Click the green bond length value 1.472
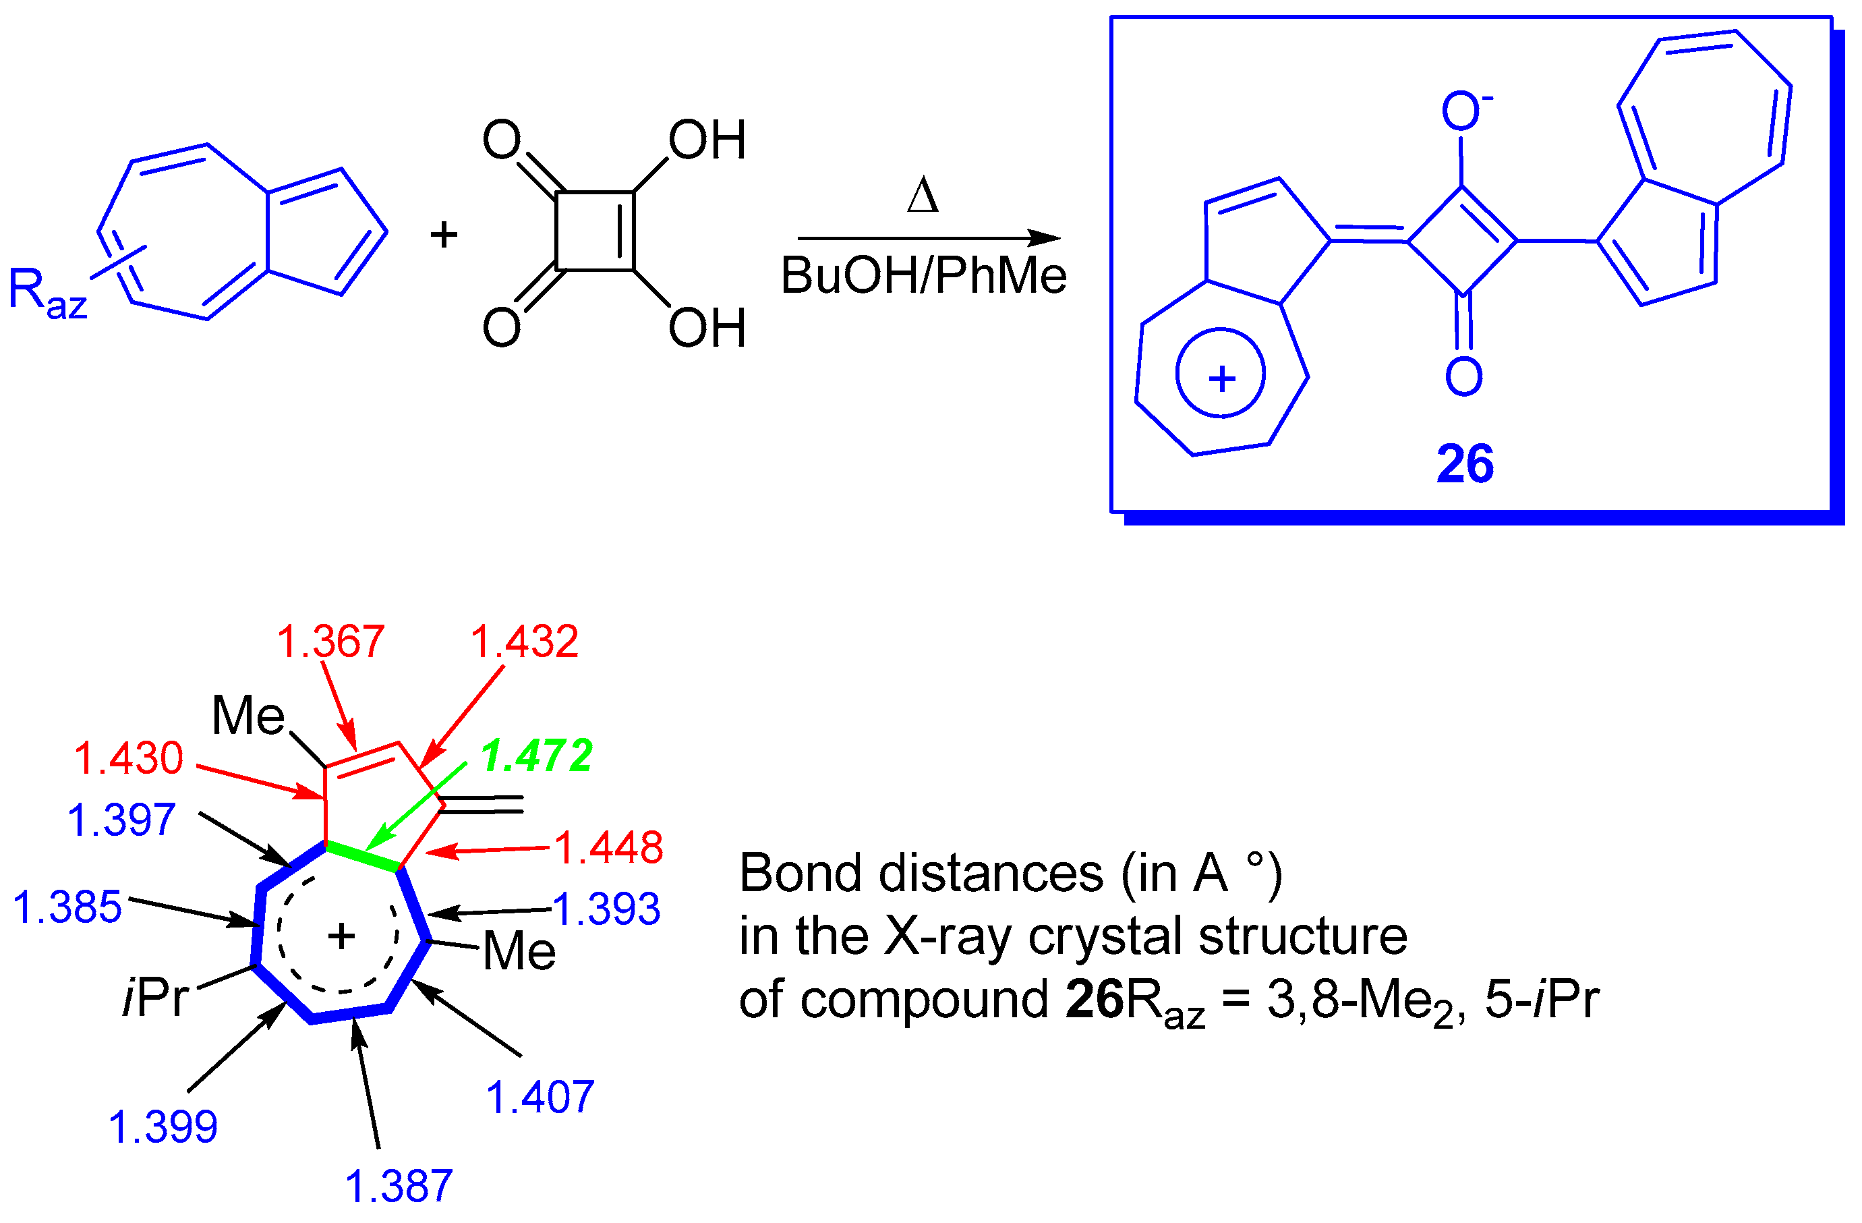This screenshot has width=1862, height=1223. (537, 757)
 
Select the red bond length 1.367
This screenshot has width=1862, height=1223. (331, 642)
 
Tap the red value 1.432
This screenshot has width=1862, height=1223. (524, 642)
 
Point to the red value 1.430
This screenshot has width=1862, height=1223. (129, 759)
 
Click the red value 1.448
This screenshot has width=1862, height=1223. (609, 847)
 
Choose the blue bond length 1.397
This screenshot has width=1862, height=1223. (121, 821)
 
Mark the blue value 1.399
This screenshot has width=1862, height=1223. (163, 1127)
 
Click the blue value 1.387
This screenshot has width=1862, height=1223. (399, 1186)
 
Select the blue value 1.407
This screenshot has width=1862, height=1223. (540, 1097)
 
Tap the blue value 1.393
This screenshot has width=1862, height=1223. (606, 909)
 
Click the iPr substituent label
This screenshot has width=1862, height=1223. (156, 998)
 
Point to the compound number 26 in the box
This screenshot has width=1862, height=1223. (1465, 464)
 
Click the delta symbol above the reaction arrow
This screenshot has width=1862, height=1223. (923, 196)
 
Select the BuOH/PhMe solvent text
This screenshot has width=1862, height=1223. (923, 275)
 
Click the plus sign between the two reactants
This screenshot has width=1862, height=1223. (444, 234)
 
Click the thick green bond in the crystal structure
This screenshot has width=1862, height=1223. (363, 856)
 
